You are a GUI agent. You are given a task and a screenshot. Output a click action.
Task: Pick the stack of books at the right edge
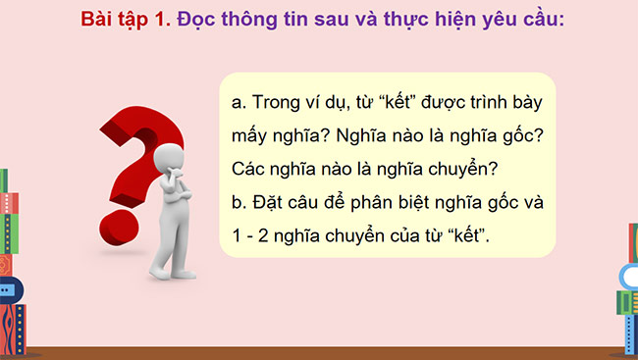click(x=628, y=284)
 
